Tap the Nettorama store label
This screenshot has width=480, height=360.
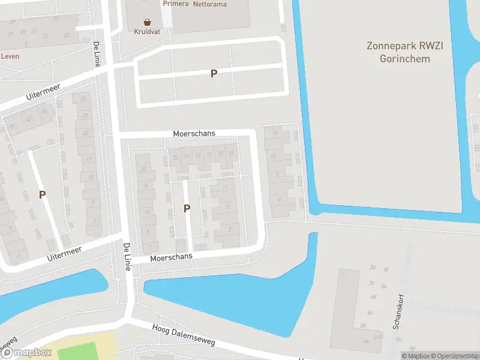coord(210,4)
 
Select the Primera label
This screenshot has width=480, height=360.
coord(175,3)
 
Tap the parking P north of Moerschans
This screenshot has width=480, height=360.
coord(213,73)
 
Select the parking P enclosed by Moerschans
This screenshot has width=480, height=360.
coord(187,208)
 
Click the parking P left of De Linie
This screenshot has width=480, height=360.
coord(42,194)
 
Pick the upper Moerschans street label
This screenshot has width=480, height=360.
coord(194,133)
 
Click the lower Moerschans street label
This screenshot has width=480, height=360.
coord(172,257)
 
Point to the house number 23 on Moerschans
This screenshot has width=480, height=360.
coord(175,157)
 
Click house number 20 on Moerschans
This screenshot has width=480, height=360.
coord(143,170)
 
